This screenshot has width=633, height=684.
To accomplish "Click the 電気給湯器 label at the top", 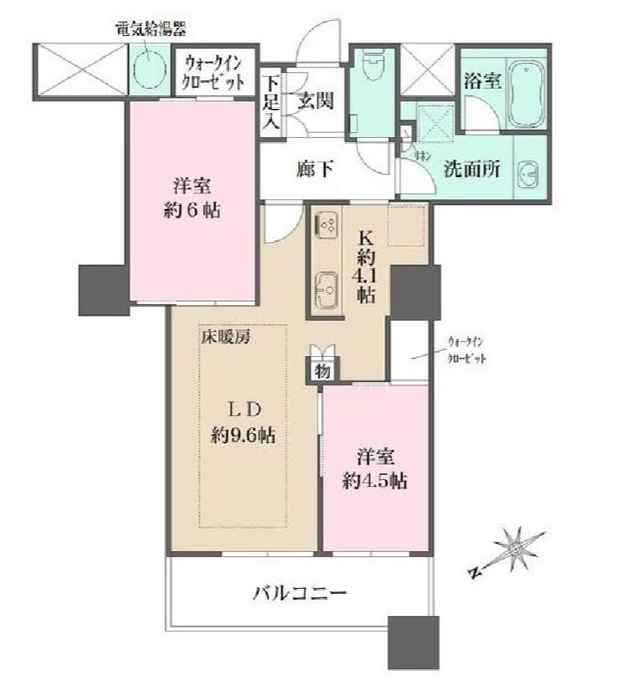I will coord(149,30).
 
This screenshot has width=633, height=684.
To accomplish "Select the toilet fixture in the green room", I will coord(372,68).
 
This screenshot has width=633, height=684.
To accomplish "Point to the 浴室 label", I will coord(482,82).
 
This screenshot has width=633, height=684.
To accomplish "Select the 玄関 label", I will coord(315,102).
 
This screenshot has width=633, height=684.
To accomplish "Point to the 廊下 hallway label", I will coord(314,170).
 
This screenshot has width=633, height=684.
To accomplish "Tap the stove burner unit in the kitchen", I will coord(326,224).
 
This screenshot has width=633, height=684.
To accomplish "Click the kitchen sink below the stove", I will coord(327,289).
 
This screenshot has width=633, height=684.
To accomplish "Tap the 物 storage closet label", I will coord(322,371).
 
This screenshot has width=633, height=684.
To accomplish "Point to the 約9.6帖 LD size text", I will coord(242,435).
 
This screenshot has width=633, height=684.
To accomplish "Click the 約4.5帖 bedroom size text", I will coord(375,481).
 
